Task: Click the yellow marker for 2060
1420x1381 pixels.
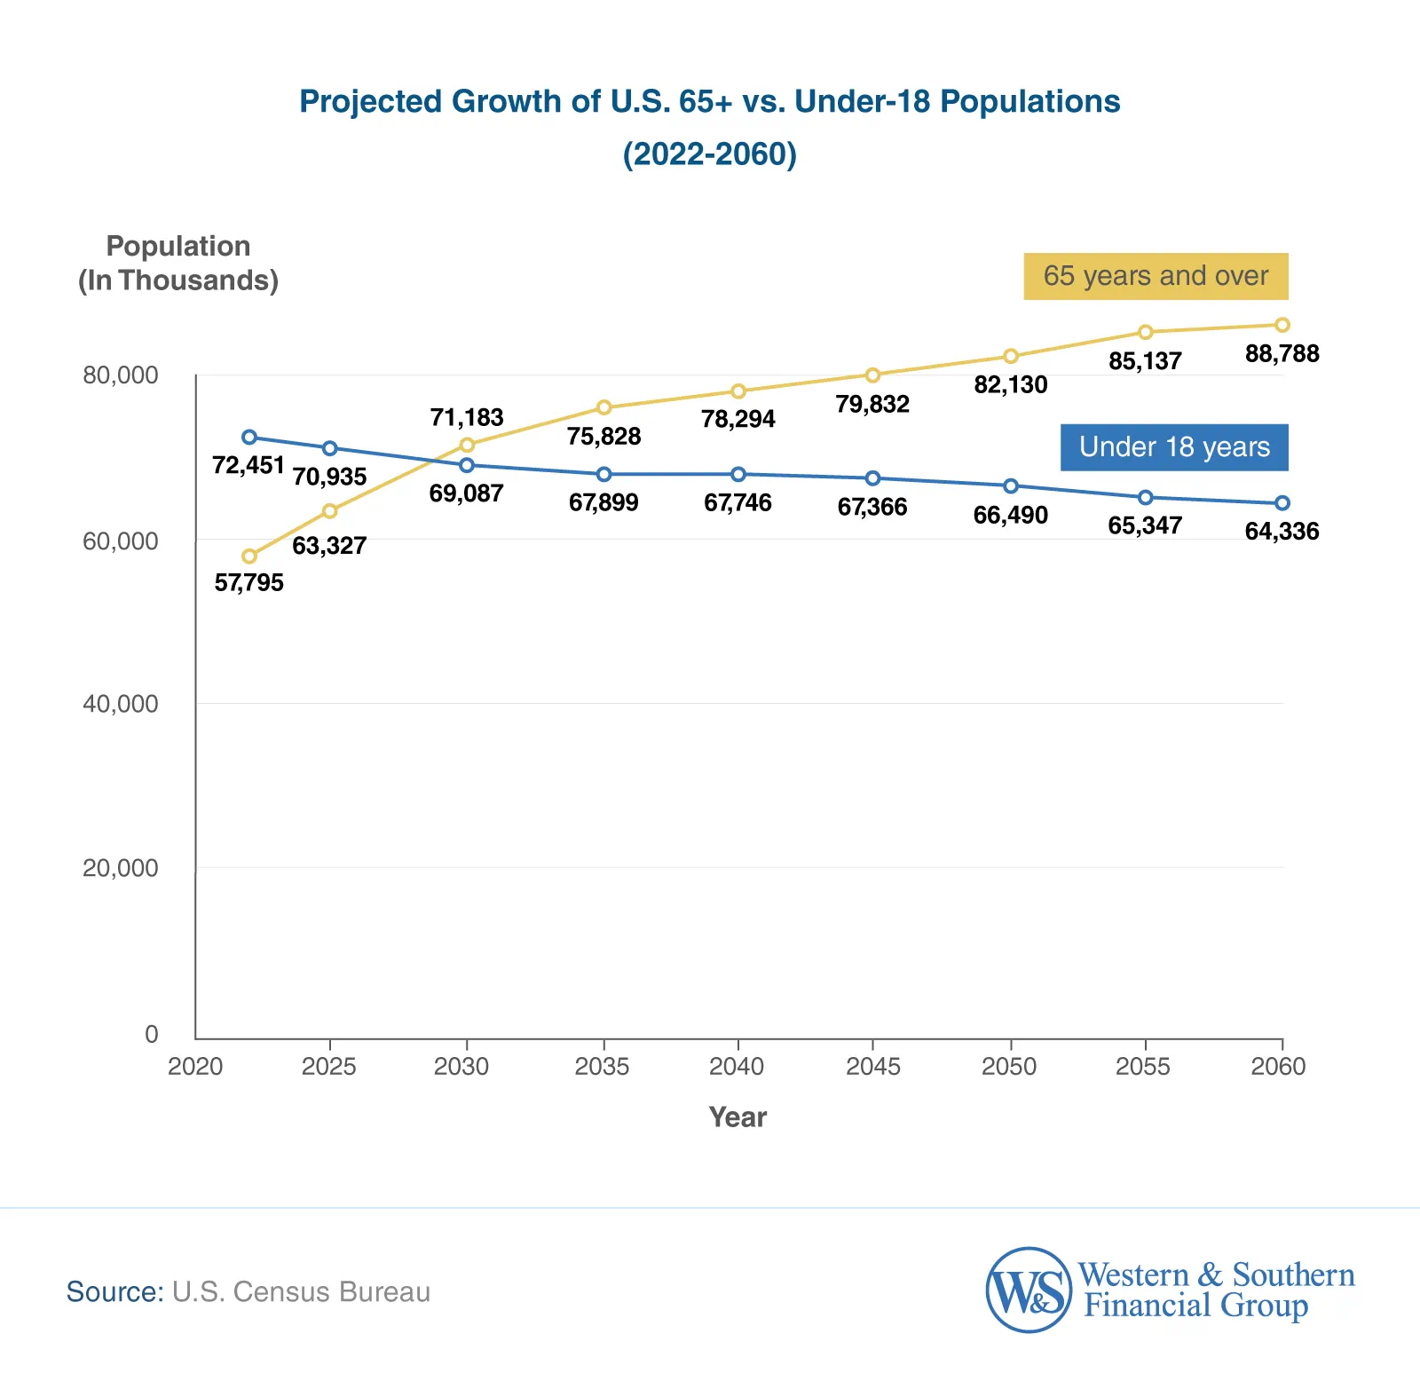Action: (1282, 325)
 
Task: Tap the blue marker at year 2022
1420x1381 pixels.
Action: (249, 437)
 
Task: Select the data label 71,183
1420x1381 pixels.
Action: (467, 417)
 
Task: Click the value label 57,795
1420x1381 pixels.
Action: (249, 582)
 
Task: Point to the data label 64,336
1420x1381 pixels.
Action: (1282, 531)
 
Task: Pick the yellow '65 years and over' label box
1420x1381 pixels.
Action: (1155, 276)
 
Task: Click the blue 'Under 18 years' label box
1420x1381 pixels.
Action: (1173, 447)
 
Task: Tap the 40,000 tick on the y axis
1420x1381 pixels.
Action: (121, 704)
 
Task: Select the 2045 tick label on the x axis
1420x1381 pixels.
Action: (872, 1066)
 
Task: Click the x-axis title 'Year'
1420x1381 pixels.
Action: (737, 1117)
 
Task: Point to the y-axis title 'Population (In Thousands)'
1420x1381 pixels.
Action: (177, 263)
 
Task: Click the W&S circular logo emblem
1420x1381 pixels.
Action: (1029, 1290)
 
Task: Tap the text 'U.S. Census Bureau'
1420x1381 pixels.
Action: (301, 1291)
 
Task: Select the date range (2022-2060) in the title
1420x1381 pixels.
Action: (709, 154)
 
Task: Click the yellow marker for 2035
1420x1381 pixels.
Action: (603, 407)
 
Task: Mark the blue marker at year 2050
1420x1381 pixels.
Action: (1010, 485)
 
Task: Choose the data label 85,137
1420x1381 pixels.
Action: (1145, 361)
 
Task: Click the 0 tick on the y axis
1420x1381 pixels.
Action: (152, 1034)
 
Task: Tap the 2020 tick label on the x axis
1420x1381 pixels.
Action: (195, 1066)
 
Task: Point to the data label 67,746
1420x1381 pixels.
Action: (738, 502)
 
